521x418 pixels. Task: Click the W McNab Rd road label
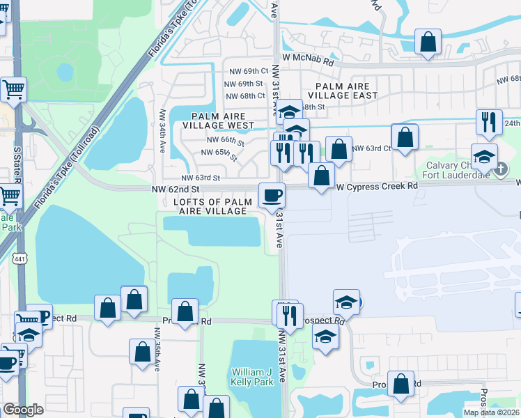click(x=308, y=61)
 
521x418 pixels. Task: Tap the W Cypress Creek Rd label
click(x=377, y=187)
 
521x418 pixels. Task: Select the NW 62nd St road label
click(x=176, y=189)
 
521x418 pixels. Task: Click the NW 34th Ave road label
click(x=162, y=132)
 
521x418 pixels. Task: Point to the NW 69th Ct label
click(x=246, y=71)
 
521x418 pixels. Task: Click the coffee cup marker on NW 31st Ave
click(x=272, y=195)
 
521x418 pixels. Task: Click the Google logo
click(x=24, y=410)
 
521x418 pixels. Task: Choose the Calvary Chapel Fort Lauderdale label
click(x=456, y=170)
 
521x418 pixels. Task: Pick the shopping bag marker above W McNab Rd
click(x=428, y=41)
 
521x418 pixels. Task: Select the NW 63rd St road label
click(x=201, y=178)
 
